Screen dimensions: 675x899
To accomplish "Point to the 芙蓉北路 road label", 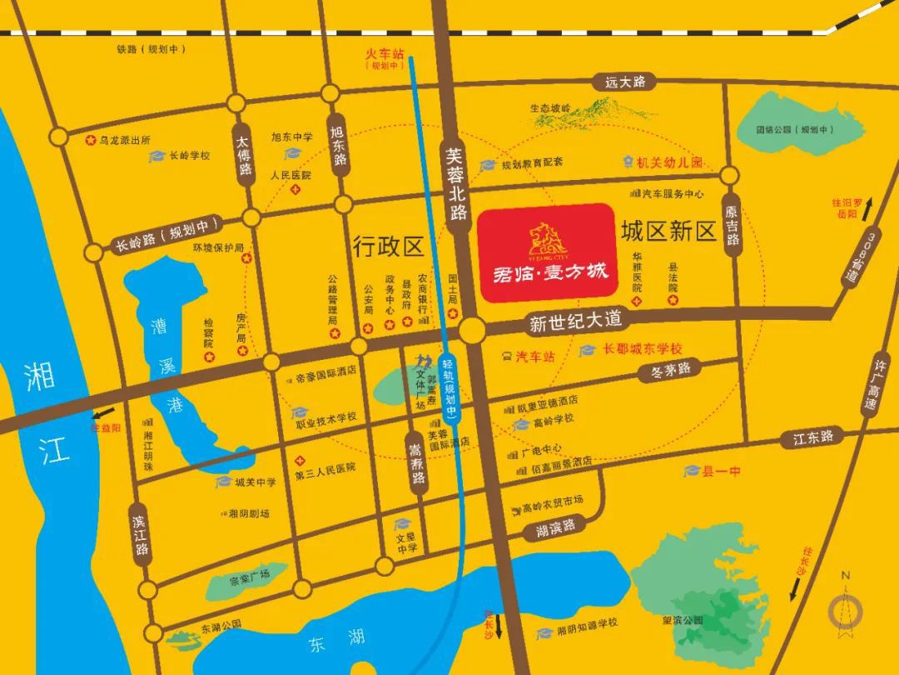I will (x=454, y=183).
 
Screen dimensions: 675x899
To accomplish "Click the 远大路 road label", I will (x=625, y=82).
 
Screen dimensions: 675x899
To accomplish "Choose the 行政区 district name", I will (x=388, y=246).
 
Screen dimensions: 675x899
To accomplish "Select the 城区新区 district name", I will (x=668, y=231).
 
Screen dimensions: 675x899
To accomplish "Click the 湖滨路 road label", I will (x=556, y=527).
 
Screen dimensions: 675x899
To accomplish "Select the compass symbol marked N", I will (x=846, y=609).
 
